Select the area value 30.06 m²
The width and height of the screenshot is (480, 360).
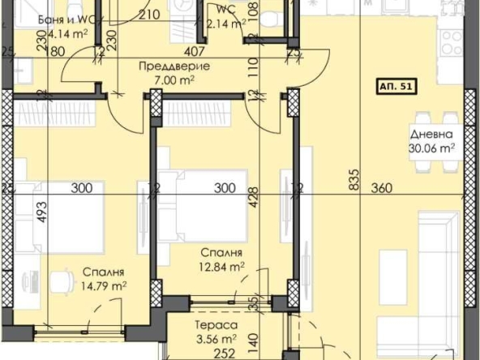431,148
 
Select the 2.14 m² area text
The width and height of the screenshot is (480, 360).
226,24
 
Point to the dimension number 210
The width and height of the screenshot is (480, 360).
148,14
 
